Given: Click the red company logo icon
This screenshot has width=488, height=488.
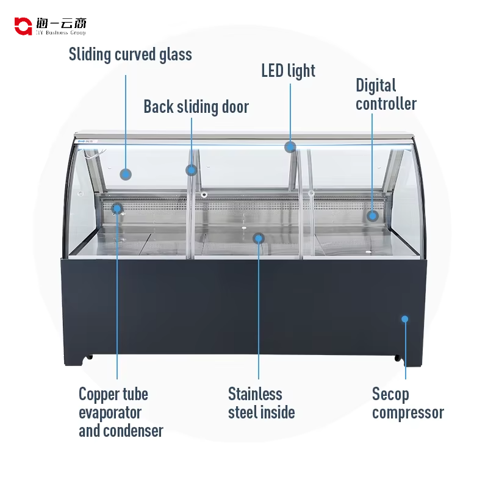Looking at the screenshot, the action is click(23, 26).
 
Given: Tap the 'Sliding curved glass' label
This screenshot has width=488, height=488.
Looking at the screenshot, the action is click(130, 54).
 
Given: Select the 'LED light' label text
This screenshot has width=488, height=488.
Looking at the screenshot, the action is click(289, 71).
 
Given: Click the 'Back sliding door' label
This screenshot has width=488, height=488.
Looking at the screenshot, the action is click(196, 107).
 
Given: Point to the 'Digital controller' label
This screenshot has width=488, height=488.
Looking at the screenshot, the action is click(386, 95).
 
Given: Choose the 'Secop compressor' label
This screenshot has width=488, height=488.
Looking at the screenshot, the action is click(407, 403).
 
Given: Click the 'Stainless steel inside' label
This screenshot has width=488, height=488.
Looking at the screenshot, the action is click(261, 403).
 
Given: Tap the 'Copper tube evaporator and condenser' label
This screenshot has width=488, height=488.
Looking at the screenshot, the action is click(121, 412).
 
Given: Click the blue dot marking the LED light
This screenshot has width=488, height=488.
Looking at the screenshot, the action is click(290, 146).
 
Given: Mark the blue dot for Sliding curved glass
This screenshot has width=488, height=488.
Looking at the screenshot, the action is click(126, 174).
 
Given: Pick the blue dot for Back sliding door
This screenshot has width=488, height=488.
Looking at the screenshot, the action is click(192, 170).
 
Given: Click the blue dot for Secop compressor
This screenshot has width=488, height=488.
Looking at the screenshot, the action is click(404, 318).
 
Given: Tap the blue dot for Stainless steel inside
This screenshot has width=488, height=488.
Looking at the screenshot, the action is click(259, 237).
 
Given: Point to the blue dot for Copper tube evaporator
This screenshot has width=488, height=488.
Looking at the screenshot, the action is click(117, 208).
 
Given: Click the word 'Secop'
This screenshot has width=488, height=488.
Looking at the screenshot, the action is click(390, 394).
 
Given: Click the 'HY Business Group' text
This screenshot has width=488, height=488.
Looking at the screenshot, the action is click(67, 32).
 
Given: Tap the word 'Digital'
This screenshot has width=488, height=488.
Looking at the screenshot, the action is click(376, 85).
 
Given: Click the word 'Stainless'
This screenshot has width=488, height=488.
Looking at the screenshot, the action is click(255, 394).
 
